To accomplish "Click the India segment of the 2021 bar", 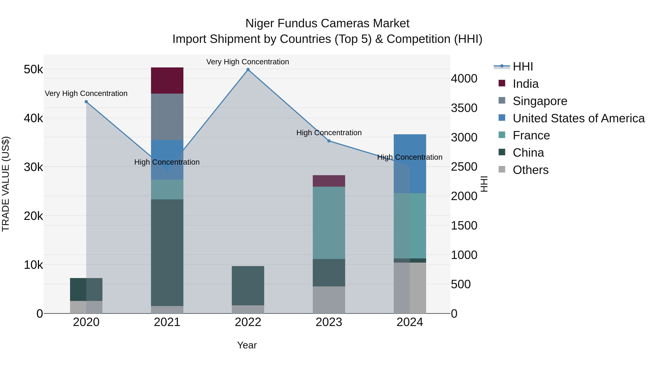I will click(x=167, y=81).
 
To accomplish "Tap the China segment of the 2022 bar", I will click(x=248, y=285).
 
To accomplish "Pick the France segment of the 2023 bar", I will click(x=329, y=223).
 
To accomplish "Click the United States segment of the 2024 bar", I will click(x=410, y=164).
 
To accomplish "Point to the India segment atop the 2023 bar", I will click(x=329, y=181).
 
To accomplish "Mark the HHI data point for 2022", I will click(x=248, y=70).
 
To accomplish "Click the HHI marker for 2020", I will click(x=86, y=102).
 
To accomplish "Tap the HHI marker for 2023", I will click(x=329, y=141).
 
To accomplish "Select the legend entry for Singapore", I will click(x=540, y=101).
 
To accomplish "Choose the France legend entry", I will click(x=531, y=135).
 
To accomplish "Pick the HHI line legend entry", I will click(x=523, y=67).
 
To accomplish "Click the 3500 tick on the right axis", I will click(x=464, y=108).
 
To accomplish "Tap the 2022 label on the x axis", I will click(x=248, y=322).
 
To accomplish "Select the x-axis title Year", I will click(x=247, y=345).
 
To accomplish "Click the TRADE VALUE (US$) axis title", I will click(x=6, y=184).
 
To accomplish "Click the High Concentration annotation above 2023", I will click(x=329, y=133).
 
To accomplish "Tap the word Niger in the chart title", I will click(x=260, y=23).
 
